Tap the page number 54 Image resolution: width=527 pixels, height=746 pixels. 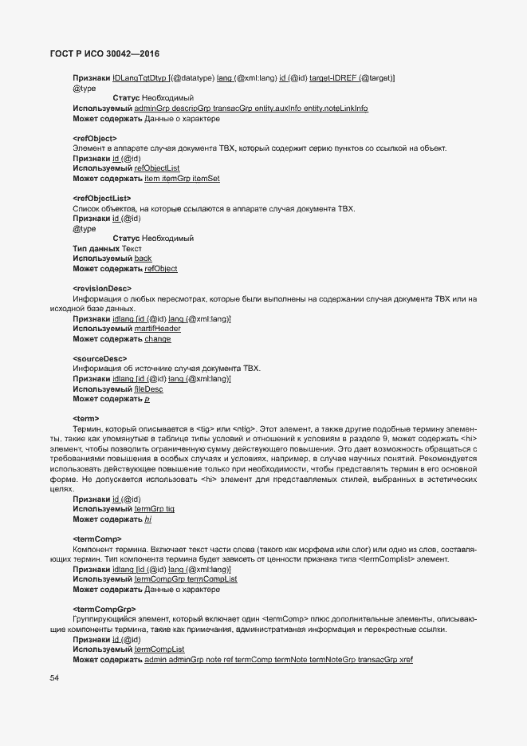point(54,677)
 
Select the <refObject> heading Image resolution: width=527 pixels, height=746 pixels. point(94,138)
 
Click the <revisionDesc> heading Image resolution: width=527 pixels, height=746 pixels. point(101,288)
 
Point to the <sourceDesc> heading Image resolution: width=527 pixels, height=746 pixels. point(99,359)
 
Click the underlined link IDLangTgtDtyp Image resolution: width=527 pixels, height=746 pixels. point(139,77)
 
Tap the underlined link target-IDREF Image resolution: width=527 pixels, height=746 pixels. point(333,77)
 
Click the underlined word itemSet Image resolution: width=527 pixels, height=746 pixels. point(206,179)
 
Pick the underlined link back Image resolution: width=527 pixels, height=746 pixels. point(143,259)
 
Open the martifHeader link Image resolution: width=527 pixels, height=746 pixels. point(158,329)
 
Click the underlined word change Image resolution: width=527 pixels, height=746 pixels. point(157,339)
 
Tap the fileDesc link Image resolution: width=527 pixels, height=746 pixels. point(149,389)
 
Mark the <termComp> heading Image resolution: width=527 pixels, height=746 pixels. point(96,539)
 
